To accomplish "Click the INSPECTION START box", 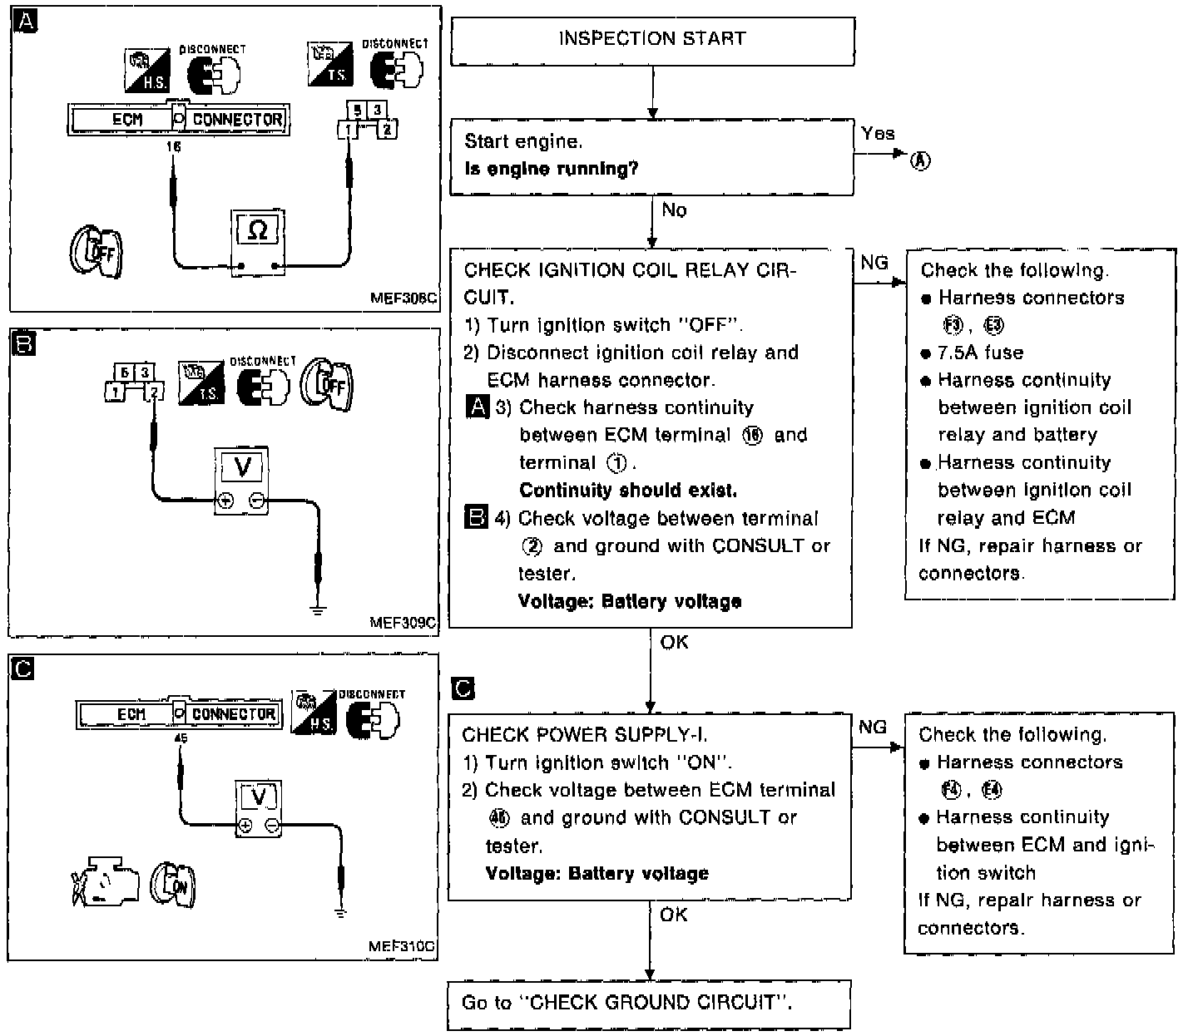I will click(x=652, y=40).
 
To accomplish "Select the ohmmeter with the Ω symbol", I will click(x=258, y=239).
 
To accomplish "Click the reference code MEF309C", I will click(x=403, y=621).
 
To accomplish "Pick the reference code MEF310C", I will click(x=402, y=946).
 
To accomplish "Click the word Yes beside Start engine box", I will click(x=878, y=134).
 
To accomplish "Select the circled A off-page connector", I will click(x=919, y=161).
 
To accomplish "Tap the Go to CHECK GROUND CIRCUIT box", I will click(x=650, y=1004).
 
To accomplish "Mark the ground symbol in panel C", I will click(x=340, y=913).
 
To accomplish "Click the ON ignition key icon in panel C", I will click(x=173, y=883).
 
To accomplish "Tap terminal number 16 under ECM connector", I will click(x=173, y=147).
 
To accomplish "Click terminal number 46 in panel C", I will click(x=180, y=737).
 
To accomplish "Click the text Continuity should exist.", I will click(x=628, y=491).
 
